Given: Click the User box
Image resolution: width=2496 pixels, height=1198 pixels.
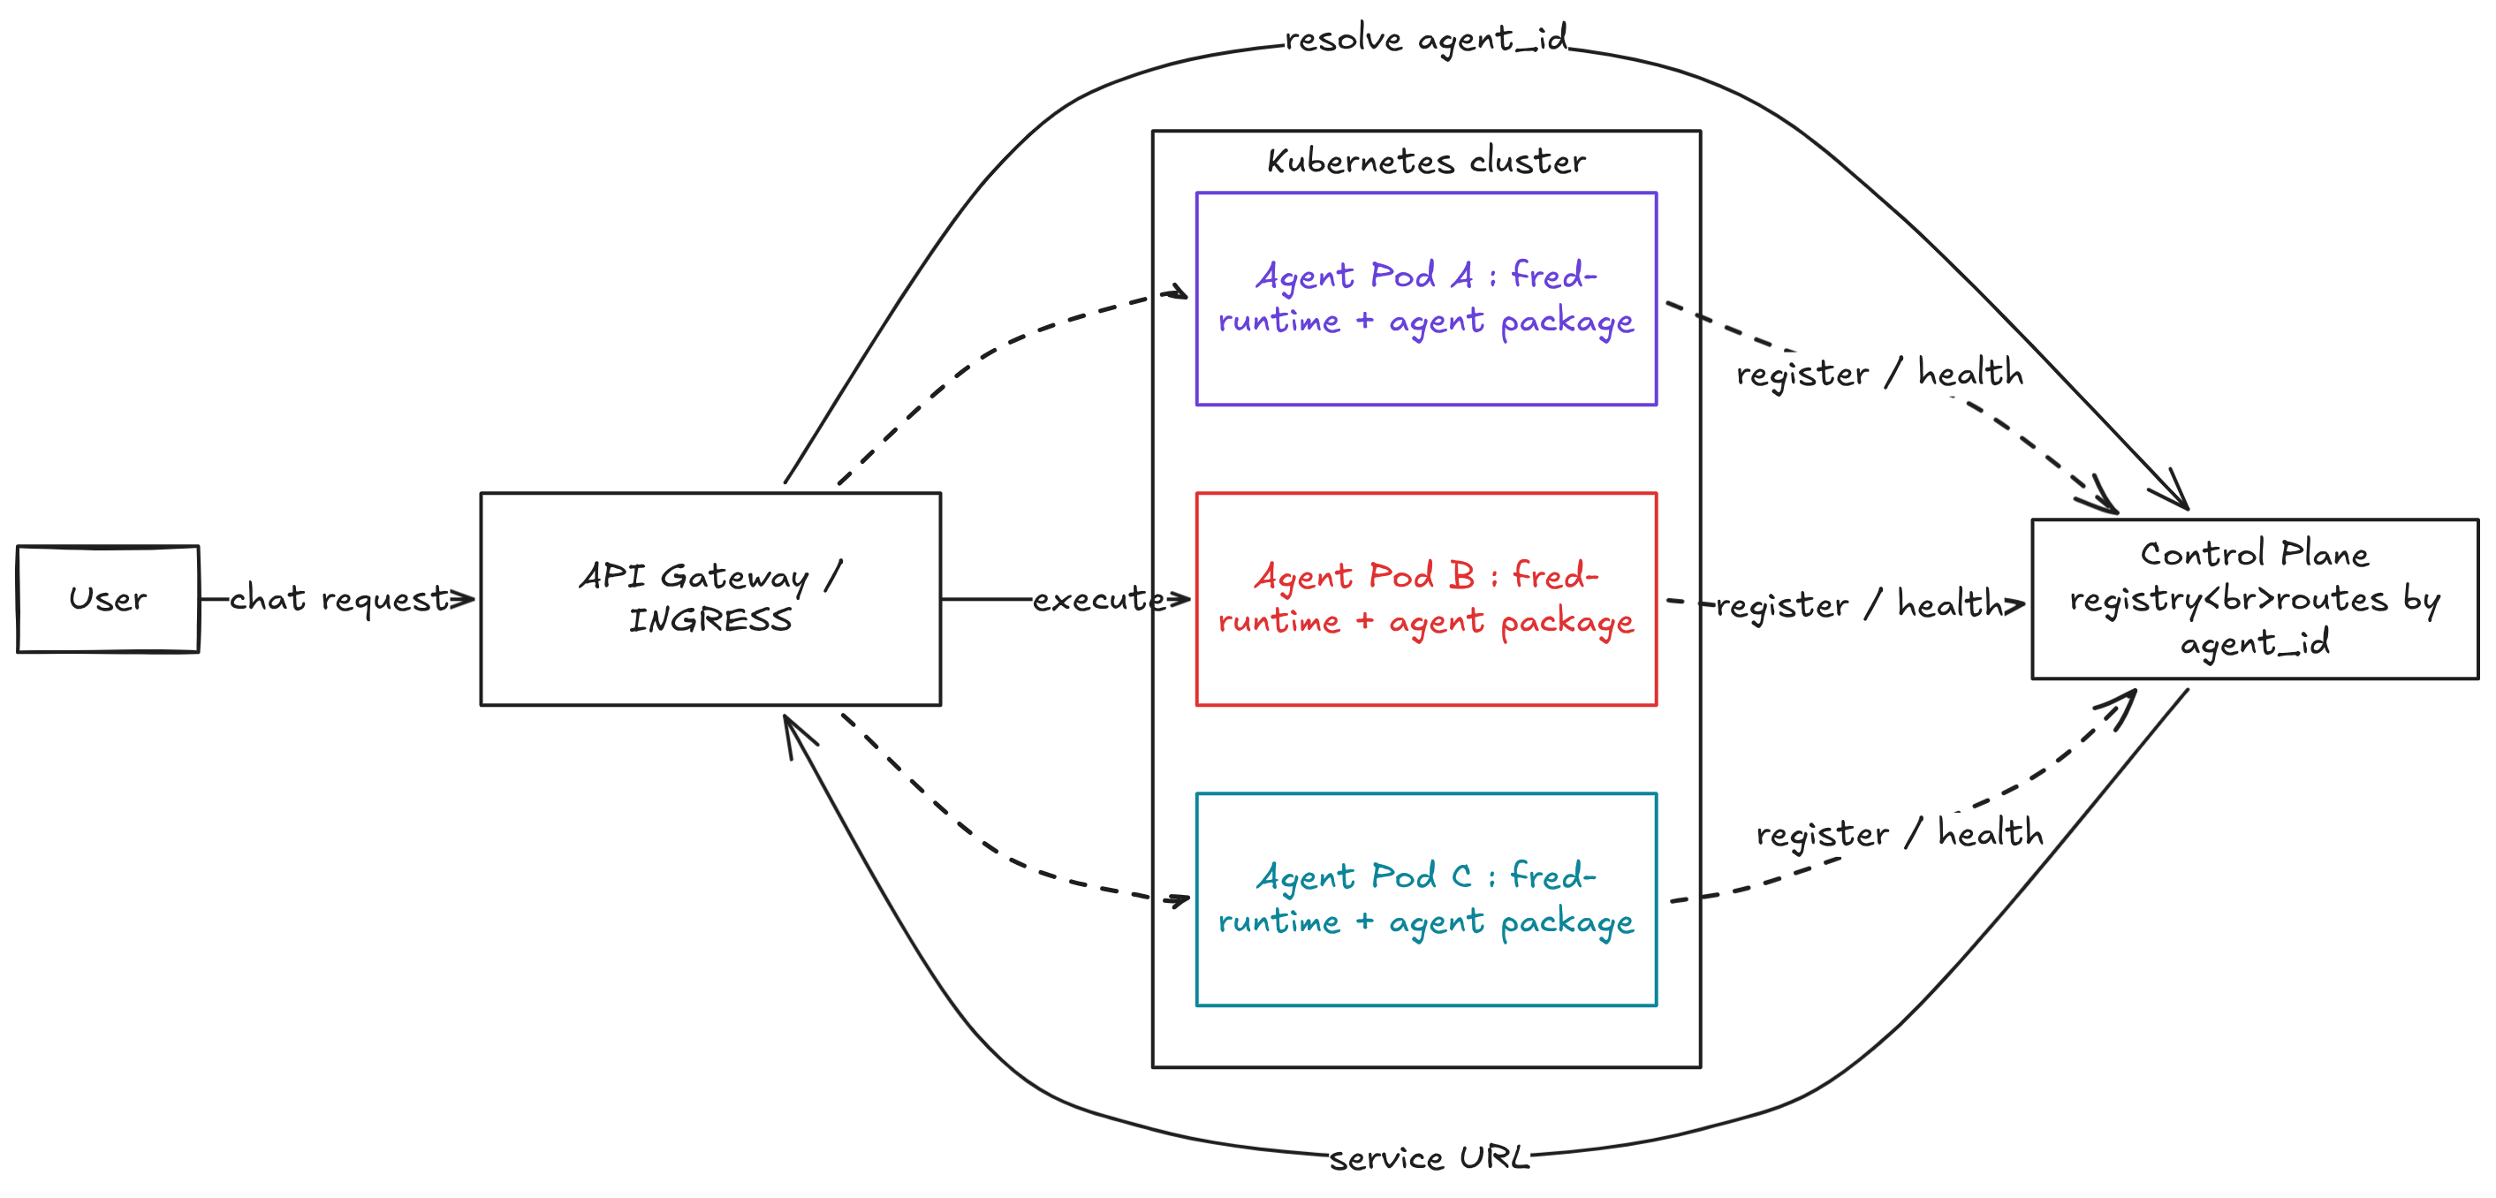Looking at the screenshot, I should pos(108,599).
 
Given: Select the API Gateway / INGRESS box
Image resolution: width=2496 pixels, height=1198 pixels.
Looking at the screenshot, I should pos(709,598).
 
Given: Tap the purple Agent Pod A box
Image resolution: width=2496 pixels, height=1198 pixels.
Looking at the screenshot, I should pos(1425,299).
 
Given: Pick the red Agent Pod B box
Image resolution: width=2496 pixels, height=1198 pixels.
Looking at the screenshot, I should pos(1425,598).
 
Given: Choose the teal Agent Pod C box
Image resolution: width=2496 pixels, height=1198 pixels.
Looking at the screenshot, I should pos(1425,898).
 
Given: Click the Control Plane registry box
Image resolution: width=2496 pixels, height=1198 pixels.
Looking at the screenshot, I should pos(2254,598).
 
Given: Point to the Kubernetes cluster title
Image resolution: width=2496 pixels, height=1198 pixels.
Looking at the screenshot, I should pos(1425,161).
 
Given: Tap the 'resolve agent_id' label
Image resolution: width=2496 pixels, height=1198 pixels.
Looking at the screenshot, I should pos(1425,40).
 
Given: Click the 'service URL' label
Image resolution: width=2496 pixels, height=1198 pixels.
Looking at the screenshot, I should pos(1427,1157).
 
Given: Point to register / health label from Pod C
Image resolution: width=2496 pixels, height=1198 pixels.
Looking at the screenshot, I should pos(1899,832).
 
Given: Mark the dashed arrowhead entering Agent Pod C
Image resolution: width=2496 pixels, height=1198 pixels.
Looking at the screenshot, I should pos(1180,899).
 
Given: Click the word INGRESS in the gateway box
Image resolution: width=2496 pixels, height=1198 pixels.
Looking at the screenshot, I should pos(709,620).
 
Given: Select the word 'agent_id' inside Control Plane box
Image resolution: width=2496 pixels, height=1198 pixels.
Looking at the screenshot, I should pos(2254,642).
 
